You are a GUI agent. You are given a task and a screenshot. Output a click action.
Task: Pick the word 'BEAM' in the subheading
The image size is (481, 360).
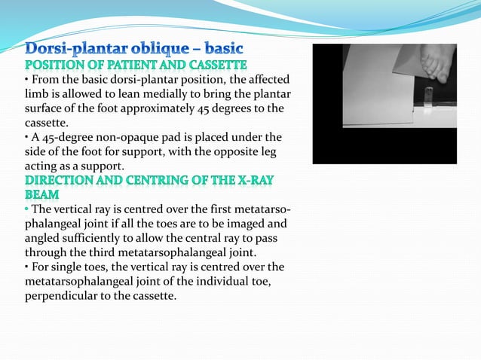point(43,194)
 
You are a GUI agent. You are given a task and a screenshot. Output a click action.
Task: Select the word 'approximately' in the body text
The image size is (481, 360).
point(185,108)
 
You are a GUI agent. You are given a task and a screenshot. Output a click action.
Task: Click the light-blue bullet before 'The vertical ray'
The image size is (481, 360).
point(26,209)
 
